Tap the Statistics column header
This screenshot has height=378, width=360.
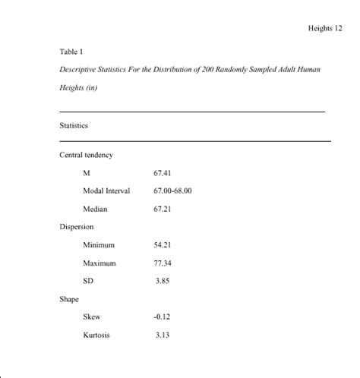pos(74,125)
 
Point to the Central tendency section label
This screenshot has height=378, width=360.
pos(86,155)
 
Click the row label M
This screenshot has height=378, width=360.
pos(87,173)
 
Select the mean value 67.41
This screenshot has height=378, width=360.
pos(163,173)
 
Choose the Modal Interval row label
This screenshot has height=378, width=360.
pos(106,191)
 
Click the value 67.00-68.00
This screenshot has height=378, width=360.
pos(172,191)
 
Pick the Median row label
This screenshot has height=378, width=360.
pos(95,209)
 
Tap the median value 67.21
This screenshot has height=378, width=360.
pos(163,209)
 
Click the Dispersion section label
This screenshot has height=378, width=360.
pos(77,226)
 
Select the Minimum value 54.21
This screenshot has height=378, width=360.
pos(163,244)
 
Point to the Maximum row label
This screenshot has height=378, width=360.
pos(99,263)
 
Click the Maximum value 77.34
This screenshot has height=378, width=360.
pos(163,263)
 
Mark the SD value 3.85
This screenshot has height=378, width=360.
pos(163,281)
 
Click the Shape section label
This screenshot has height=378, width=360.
pos(69,299)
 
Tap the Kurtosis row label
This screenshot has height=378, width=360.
pos(96,335)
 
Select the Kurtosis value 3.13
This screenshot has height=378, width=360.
pos(163,335)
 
